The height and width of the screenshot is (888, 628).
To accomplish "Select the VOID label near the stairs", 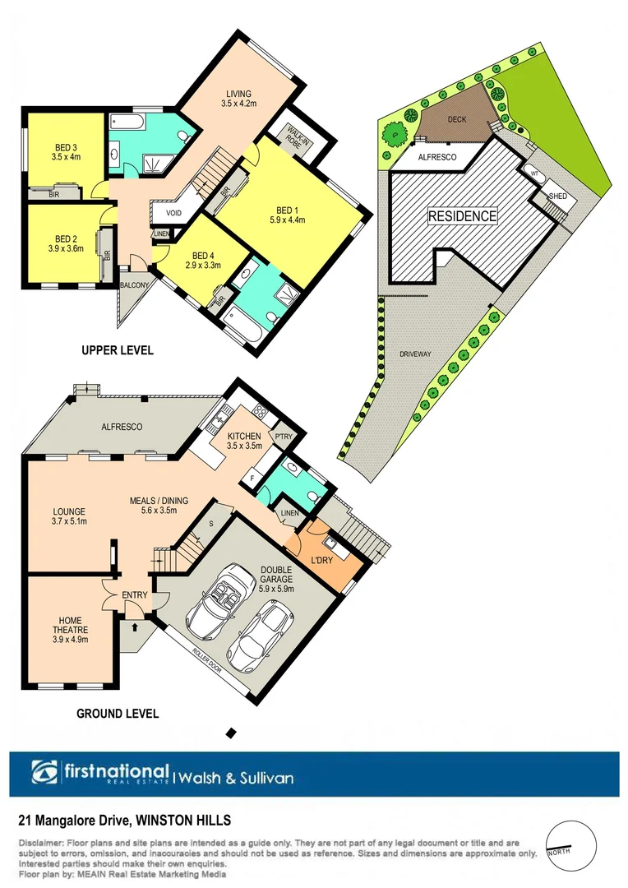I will (173, 213).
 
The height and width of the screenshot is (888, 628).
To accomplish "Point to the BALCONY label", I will (134, 284).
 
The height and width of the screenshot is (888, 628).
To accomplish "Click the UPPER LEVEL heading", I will (118, 350).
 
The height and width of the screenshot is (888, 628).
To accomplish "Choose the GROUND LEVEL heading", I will (118, 714).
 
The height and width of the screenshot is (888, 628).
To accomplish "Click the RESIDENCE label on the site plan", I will (462, 216).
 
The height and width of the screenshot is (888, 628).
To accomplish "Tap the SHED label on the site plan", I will (558, 197).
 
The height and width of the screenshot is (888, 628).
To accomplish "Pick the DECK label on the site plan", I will (457, 119).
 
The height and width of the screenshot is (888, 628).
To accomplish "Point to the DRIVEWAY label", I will (416, 354).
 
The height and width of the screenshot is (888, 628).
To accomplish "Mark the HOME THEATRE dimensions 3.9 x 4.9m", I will (71, 639).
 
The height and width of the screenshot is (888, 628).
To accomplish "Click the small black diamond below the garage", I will (231, 732).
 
